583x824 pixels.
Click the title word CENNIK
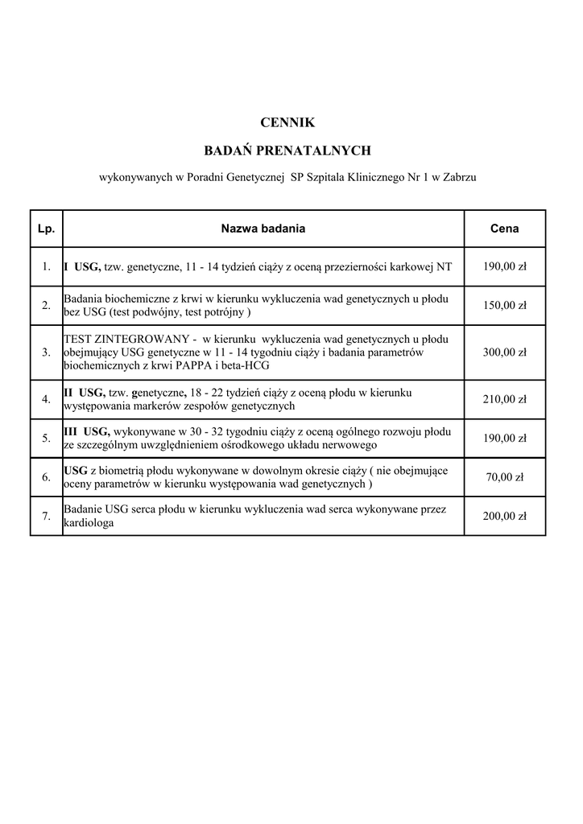pos(287,123)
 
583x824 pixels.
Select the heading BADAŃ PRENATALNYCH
pos(287,150)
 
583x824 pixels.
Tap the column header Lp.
pos(46,229)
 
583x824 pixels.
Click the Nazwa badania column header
pos(263,229)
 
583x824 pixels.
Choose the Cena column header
pos(504,229)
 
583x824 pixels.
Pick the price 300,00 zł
pos(504,352)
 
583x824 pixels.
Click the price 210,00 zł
pos(504,399)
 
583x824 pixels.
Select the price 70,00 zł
pos(504,477)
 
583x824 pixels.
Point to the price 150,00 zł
pos(504,306)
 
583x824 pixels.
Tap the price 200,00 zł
pos(504,517)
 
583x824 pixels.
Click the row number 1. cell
pos(46,266)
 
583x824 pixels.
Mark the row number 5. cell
pos(46,439)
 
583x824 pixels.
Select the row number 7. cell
pos(46,517)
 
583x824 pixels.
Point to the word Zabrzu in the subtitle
pos(460,177)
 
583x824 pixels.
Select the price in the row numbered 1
pos(504,266)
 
